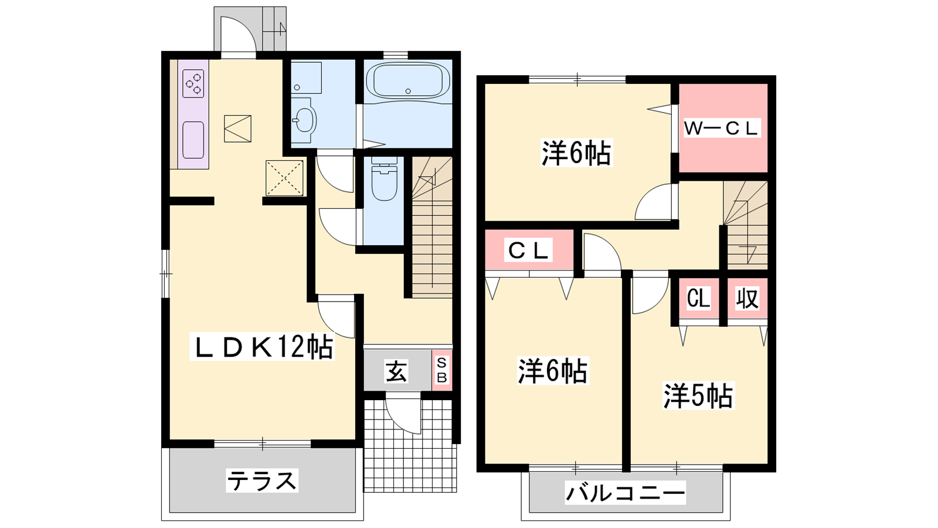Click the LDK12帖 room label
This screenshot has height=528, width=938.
pos(261,347)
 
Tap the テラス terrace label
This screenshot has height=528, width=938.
pos(262,480)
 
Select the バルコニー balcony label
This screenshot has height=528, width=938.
pos(626,492)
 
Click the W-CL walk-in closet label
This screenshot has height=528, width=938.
pos(721,128)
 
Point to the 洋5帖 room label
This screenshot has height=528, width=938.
pos(698,395)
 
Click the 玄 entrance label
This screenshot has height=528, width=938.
pos(396,371)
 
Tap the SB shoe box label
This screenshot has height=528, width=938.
pos(442,370)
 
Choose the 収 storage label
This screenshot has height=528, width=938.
pos(747,299)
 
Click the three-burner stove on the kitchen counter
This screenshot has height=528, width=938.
pos(193,84)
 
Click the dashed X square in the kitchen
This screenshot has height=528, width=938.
pos(285,178)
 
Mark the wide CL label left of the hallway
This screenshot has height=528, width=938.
pos(528,250)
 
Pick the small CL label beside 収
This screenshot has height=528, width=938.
pos(698,299)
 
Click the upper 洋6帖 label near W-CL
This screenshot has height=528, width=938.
pos(577,153)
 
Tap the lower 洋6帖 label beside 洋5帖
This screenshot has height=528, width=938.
pos(553,370)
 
